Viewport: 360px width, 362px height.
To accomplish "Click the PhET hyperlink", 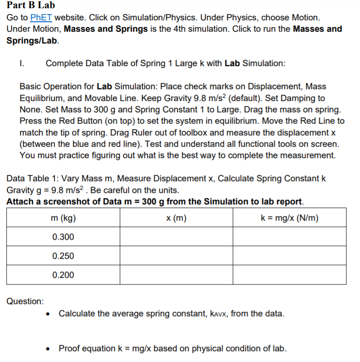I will (x=41, y=18).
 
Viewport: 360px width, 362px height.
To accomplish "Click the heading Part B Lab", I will (x=31, y=5).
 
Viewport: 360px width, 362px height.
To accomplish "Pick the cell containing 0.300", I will (x=63, y=237).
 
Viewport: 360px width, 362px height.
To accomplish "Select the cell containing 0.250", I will (x=63, y=256).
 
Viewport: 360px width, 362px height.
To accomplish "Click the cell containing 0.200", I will (x=63, y=275).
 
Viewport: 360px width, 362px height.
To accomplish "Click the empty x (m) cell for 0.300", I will (x=176, y=237).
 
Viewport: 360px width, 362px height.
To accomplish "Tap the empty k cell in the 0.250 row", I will (x=290, y=256).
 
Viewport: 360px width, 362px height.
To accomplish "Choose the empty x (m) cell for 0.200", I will (x=176, y=275).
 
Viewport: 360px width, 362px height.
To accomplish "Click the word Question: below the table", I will (x=25, y=301).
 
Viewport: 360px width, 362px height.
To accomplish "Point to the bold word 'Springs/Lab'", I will (x=32, y=40).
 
